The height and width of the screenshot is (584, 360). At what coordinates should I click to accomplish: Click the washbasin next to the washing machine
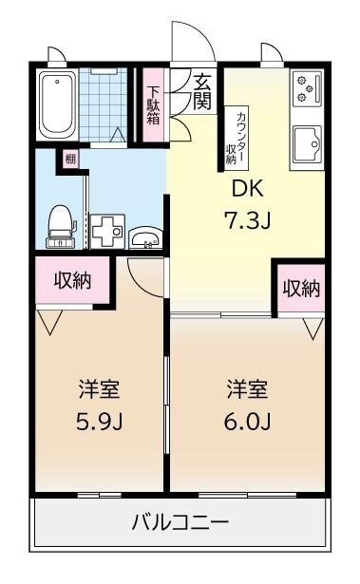coord(143,238)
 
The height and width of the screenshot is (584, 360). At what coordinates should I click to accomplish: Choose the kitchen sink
coord(308,143)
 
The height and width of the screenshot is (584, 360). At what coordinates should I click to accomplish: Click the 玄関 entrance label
coord(201,92)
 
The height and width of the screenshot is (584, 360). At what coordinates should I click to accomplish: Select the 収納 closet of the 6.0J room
coord(300,288)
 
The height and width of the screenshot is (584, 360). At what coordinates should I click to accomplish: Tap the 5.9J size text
coord(97,421)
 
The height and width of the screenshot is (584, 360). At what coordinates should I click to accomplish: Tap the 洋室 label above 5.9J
coord(97,389)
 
